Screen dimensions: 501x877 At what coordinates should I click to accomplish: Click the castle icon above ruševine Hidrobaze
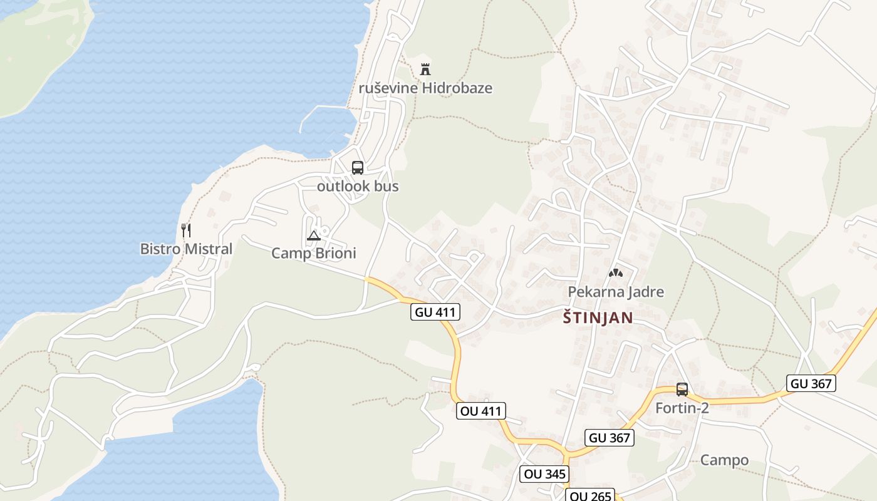(425, 68)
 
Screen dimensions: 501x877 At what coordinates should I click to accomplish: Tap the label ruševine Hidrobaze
(425, 88)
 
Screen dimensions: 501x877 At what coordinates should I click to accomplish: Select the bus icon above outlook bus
(357, 168)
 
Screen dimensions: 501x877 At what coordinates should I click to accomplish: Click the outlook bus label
(358, 186)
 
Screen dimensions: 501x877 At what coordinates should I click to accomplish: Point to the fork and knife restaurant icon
(185, 230)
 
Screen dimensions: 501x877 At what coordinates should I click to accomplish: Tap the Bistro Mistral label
(186, 249)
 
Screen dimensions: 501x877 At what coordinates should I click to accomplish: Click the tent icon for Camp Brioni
(314, 235)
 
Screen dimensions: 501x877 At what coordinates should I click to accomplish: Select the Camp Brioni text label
(313, 253)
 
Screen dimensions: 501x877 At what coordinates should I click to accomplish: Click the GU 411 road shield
(435, 312)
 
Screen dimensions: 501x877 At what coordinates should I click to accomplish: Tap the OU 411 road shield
(480, 411)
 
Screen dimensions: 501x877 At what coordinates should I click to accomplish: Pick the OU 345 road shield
(545, 474)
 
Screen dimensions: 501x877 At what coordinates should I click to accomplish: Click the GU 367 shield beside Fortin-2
(811, 383)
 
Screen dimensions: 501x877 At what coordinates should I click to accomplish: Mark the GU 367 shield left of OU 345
(610, 438)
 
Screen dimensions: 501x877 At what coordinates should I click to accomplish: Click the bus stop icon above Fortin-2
(682, 390)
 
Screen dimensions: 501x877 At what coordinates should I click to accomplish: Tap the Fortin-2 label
(682, 408)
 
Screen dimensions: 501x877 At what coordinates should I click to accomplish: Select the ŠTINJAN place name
(598, 318)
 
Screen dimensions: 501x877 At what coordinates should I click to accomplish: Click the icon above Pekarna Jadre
(615, 273)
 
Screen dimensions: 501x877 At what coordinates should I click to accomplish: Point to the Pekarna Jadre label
(616, 292)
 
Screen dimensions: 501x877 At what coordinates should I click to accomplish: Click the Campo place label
(724, 460)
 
